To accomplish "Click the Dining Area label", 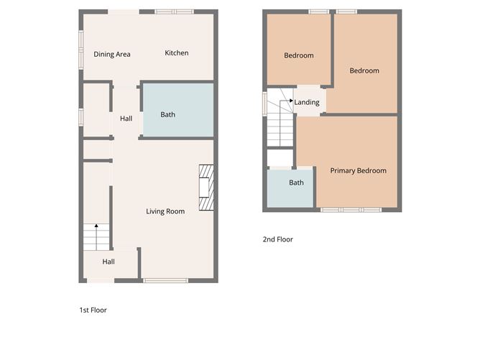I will (x=112, y=54).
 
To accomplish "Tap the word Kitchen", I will (x=177, y=53).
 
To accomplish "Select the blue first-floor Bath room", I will (x=177, y=110).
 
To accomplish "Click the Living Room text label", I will (x=165, y=211).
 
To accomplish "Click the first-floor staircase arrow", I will (x=97, y=227).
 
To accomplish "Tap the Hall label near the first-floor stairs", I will (x=109, y=262).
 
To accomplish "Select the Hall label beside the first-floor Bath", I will (x=126, y=119).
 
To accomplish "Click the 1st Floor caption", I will (x=93, y=310).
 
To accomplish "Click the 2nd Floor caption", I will (x=278, y=239).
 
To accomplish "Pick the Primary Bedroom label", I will (x=358, y=171).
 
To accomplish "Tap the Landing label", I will (x=307, y=102).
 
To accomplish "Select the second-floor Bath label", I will (x=296, y=183).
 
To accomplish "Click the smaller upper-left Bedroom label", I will (x=298, y=55).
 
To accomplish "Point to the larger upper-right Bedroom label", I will (x=364, y=70).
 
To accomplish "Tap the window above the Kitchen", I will (x=175, y=11).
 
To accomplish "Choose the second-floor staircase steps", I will (x=281, y=129).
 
